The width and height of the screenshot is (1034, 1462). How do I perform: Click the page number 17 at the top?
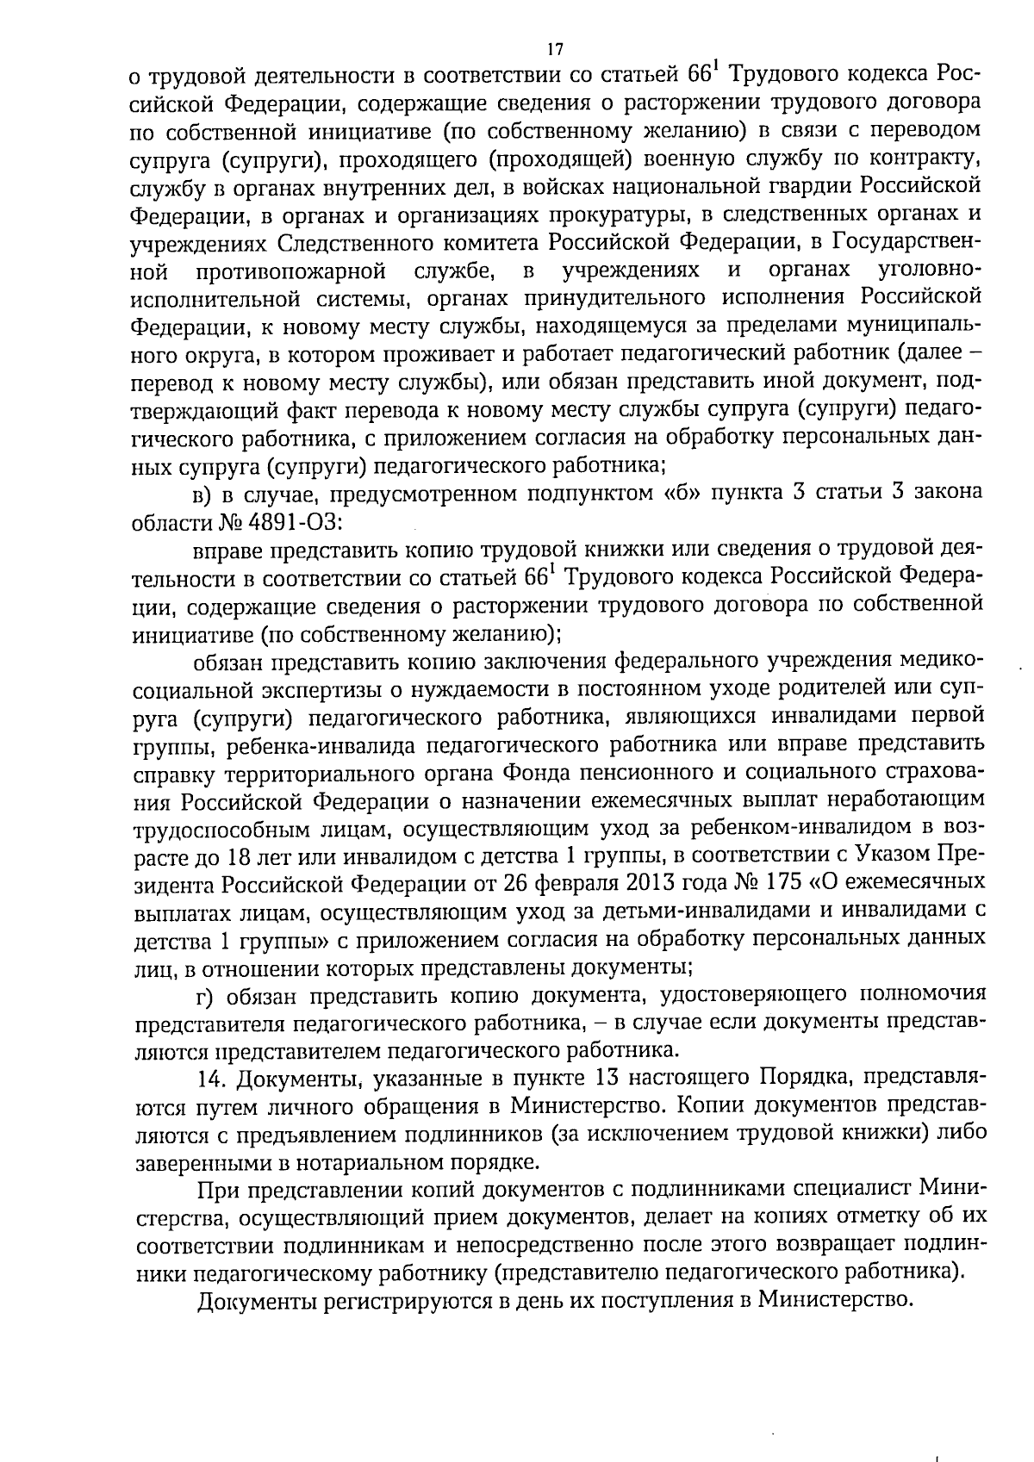point(555,48)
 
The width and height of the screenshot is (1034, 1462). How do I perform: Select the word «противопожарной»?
point(290,271)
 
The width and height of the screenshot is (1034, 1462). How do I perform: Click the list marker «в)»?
point(201,495)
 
